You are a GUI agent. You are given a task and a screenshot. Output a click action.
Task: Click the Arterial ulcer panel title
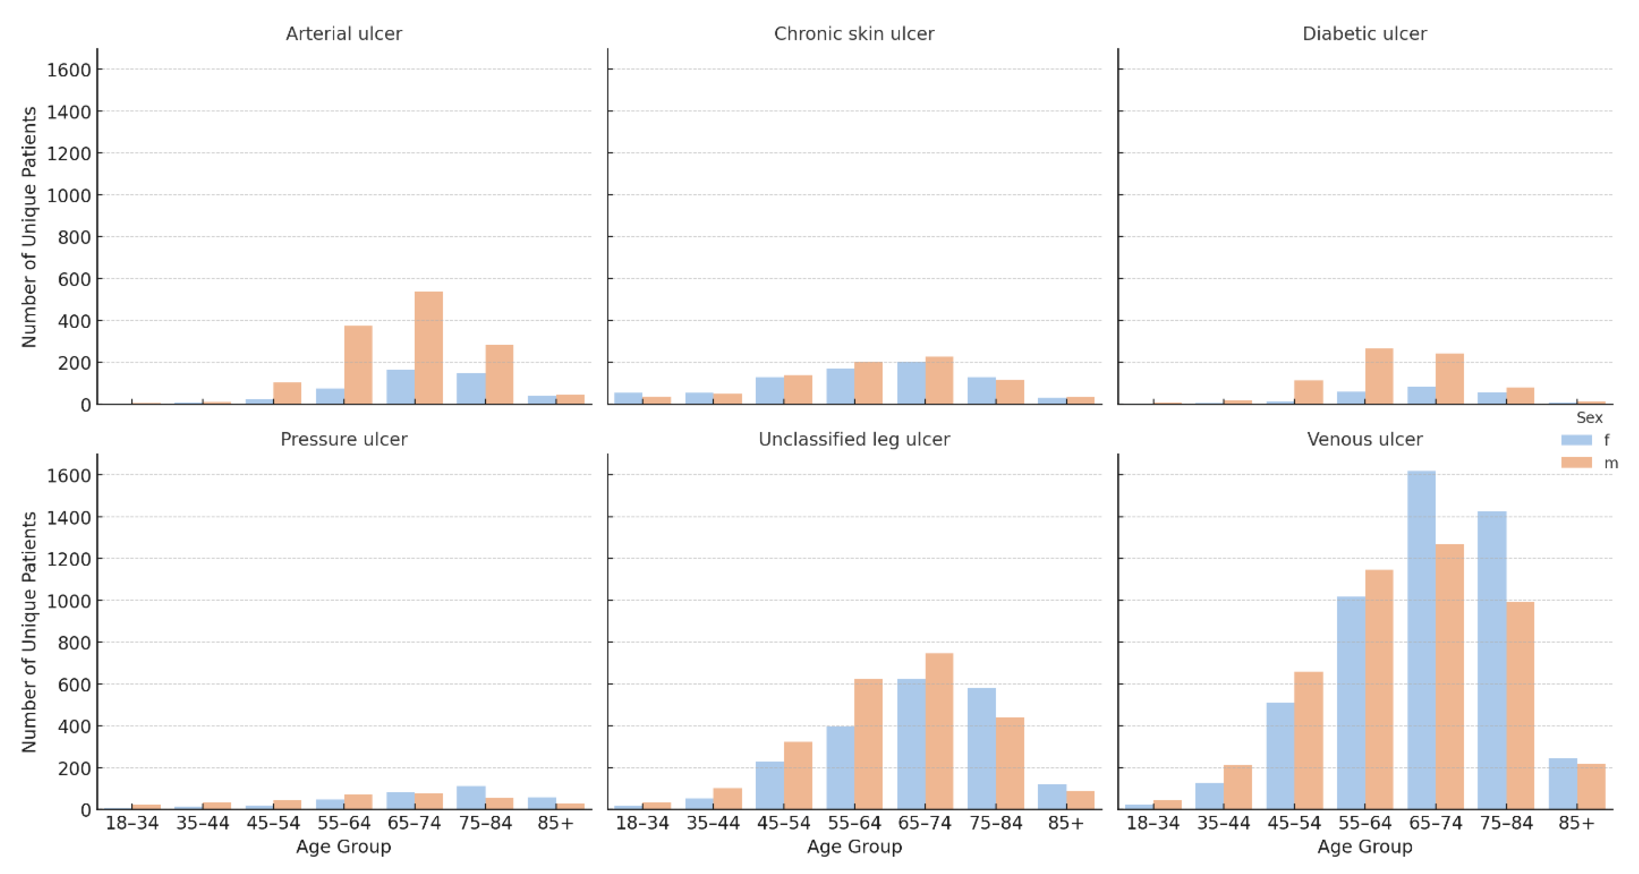[x=344, y=34]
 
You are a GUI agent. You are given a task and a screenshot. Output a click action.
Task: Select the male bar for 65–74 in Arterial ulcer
[x=428, y=348]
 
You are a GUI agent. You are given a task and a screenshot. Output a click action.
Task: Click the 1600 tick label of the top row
[x=69, y=70]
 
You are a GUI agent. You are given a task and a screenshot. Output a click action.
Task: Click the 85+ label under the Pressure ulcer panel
[x=555, y=823]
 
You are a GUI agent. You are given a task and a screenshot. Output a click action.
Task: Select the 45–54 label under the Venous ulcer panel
[x=1294, y=823]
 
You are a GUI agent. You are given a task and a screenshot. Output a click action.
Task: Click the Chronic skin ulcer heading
[x=854, y=34]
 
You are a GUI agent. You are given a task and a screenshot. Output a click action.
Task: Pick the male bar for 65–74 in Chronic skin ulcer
[x=939, y=381]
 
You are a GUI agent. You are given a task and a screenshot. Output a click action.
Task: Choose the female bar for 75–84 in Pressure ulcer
[x=471, y=798]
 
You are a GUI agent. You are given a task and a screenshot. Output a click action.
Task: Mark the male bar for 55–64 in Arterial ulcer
[x=358, y=365]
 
